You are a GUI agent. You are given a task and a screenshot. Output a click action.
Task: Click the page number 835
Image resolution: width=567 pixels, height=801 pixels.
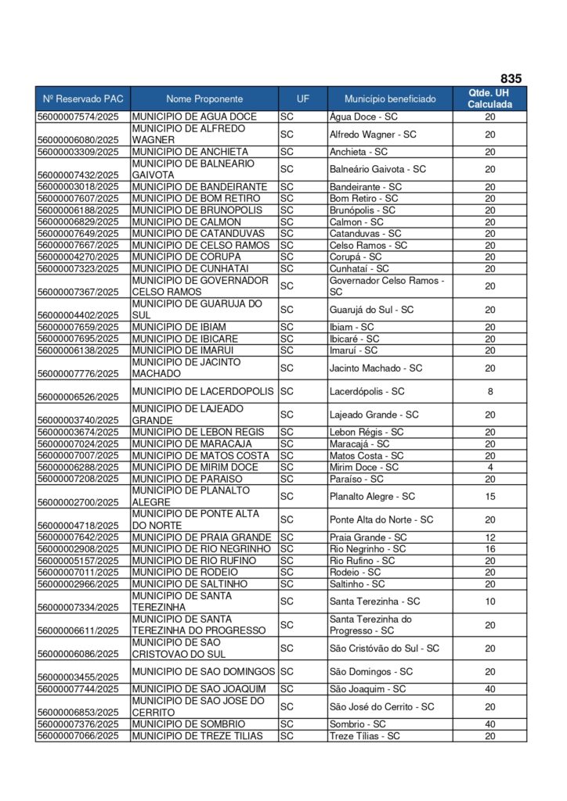[511, 78]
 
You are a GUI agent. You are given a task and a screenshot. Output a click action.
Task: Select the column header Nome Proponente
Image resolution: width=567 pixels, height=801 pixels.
[204, 99]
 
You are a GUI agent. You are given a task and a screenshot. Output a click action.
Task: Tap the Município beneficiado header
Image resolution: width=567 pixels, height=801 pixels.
[390, 99]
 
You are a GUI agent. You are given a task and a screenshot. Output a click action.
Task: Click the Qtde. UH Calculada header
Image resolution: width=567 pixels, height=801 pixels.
[490, 99]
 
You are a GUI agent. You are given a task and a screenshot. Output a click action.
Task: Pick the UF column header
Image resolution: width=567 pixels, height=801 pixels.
[302, 99]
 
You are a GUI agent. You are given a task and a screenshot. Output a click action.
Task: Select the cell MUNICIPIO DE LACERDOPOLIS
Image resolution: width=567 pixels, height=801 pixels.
[203, 391]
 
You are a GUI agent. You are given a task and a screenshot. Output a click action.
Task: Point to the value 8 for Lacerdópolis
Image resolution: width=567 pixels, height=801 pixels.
[490, 391]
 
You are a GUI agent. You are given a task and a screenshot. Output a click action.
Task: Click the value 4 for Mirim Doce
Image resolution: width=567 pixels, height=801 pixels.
[490, 467]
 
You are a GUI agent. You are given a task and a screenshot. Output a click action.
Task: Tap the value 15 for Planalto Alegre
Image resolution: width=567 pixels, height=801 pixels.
[490, 497]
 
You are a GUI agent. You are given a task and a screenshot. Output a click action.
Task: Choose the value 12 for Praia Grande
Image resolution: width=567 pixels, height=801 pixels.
[490, 537]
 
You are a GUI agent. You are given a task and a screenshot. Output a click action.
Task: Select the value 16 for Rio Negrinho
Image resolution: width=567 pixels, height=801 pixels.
[490, 549]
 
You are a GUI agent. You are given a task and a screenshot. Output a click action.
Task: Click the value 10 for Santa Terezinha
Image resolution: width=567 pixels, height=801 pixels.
[490, 602]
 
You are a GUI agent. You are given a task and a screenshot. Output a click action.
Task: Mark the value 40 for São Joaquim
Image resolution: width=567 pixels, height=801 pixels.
[490, 689]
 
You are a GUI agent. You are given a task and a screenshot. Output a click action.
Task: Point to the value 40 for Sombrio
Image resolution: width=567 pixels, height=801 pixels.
[490, 724]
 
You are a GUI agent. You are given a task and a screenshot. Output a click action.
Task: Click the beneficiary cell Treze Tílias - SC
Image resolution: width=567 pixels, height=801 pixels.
[364, 736]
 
